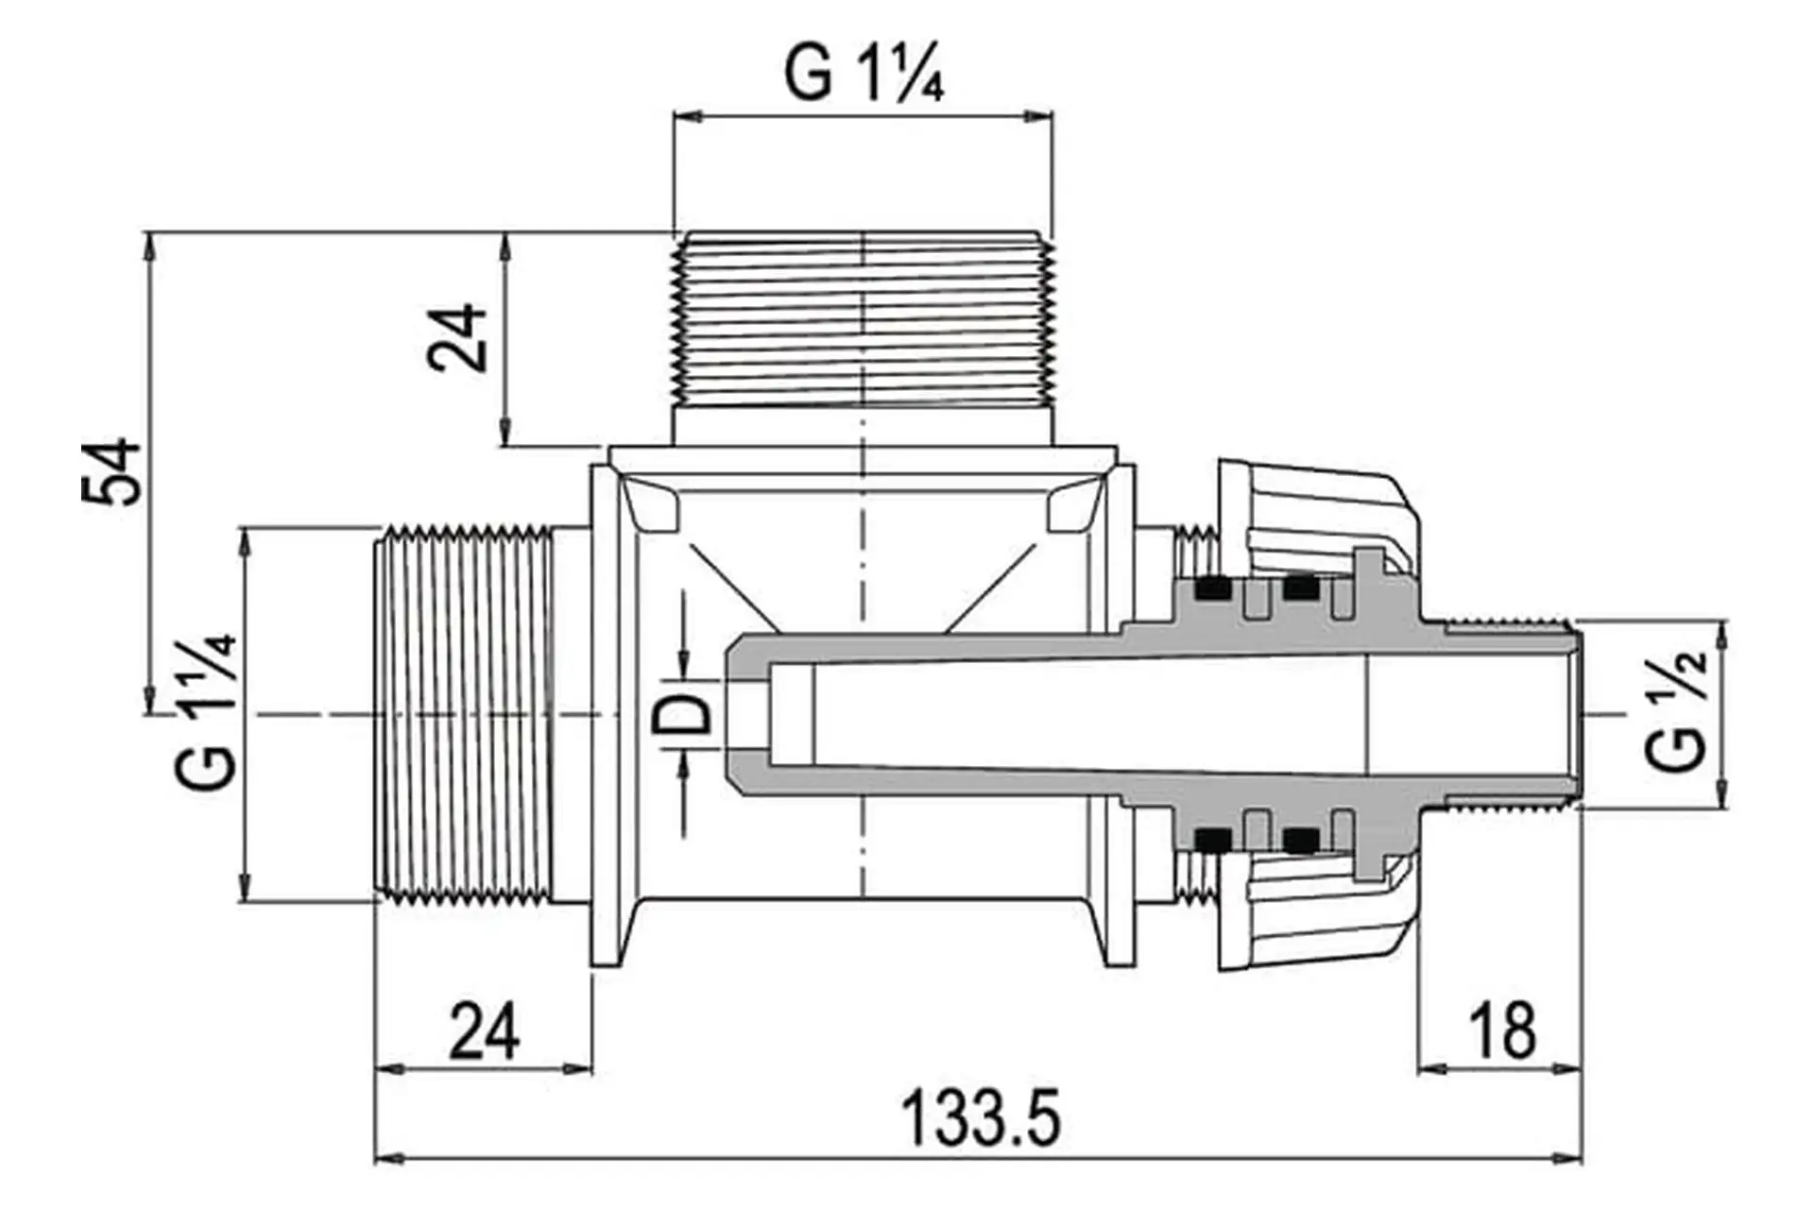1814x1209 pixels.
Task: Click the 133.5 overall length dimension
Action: click(x=980, y=1116)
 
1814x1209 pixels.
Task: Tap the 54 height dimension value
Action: click(x=111, y=472)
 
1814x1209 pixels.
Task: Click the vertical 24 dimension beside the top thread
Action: click(x=457, y=338)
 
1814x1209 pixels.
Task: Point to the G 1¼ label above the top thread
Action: click(x=864, y=73)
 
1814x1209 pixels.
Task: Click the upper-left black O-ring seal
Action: click(x=1213, y=589)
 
